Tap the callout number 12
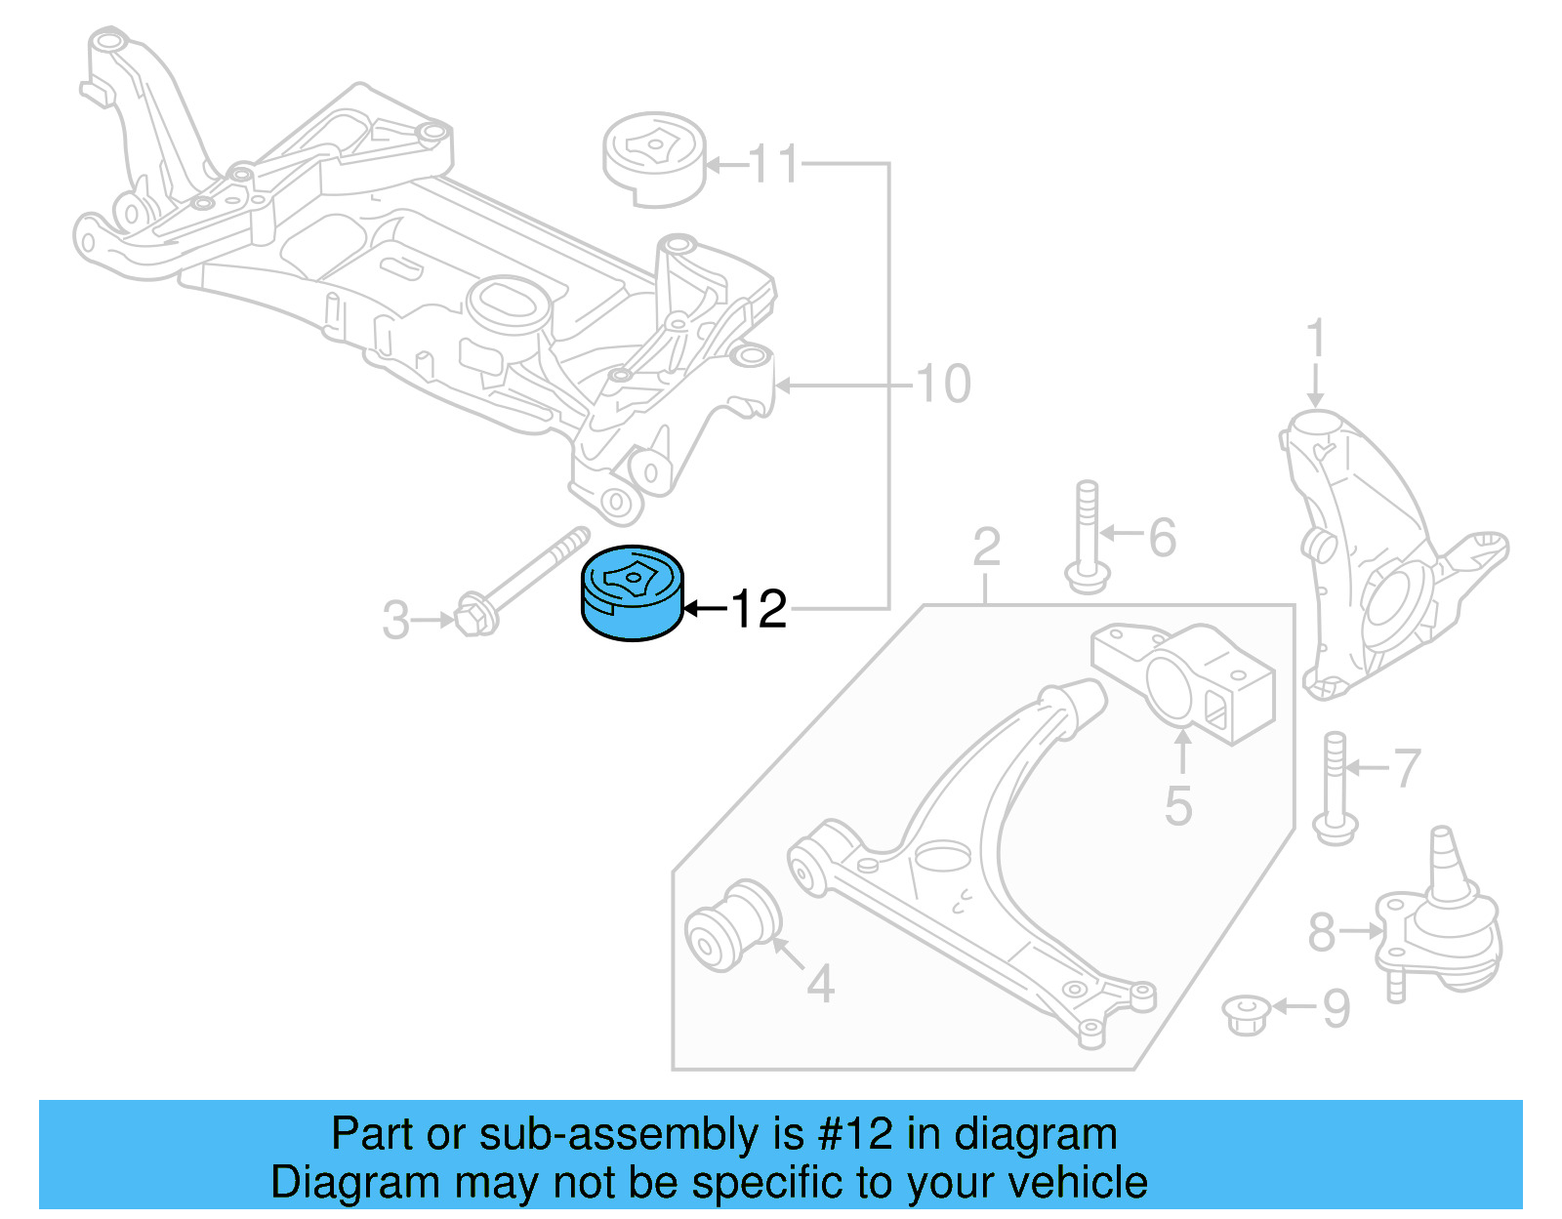pyautogui.click(x=759, y=609)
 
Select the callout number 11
pyautogui.click(x=775, y=164)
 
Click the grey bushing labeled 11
pyautogui.click(x=653, y=161)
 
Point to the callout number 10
pyautogui.click(x=943, y=384)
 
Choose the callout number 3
pyautogui.click(x=395, y=621)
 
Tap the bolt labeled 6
pyautogui.click(x=1087, y=537)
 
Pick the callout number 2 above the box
pyautogui.click(x=986, y=547)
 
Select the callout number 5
pyautogui.click(x=1178, y=806)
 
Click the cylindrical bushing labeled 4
pyautogui.click(x=732, y=924)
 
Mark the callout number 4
pyautogui.click(x=820, y=984)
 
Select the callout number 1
pyautogui.click(x=1315, y=339)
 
